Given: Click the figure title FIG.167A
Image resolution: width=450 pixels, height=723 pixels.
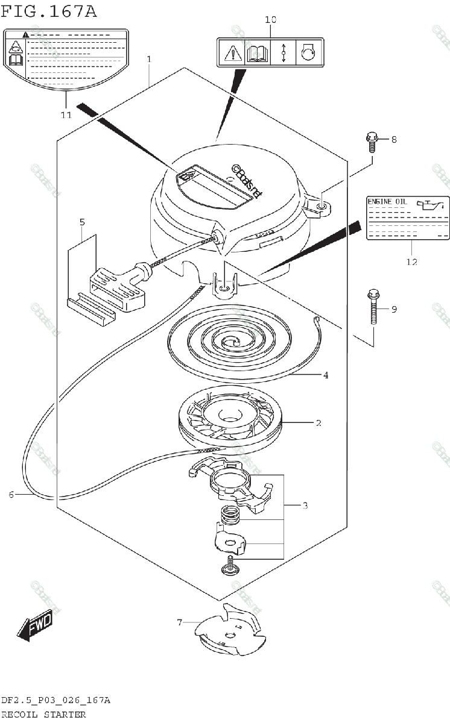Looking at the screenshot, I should coord(49,11).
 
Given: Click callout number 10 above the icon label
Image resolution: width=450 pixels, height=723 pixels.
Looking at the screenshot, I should coord(270,20).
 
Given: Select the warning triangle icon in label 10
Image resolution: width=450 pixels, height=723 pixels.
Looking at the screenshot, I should coord(231,52).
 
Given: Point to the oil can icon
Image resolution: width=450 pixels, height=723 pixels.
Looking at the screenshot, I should coord(433,205).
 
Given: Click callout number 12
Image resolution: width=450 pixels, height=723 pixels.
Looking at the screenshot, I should coord(411,262).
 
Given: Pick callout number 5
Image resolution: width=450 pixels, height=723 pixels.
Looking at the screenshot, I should coord(82,222).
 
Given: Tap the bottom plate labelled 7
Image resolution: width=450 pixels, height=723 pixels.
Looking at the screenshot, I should coord(229,633).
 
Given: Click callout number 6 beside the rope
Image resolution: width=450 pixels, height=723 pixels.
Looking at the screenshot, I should coord(11,495).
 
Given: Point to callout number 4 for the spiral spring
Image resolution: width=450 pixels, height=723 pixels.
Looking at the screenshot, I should coord(325,375).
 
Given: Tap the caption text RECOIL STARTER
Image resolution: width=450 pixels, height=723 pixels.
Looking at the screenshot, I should coord(43,714).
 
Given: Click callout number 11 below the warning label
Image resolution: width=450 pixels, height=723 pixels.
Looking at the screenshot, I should coord(66,114).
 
